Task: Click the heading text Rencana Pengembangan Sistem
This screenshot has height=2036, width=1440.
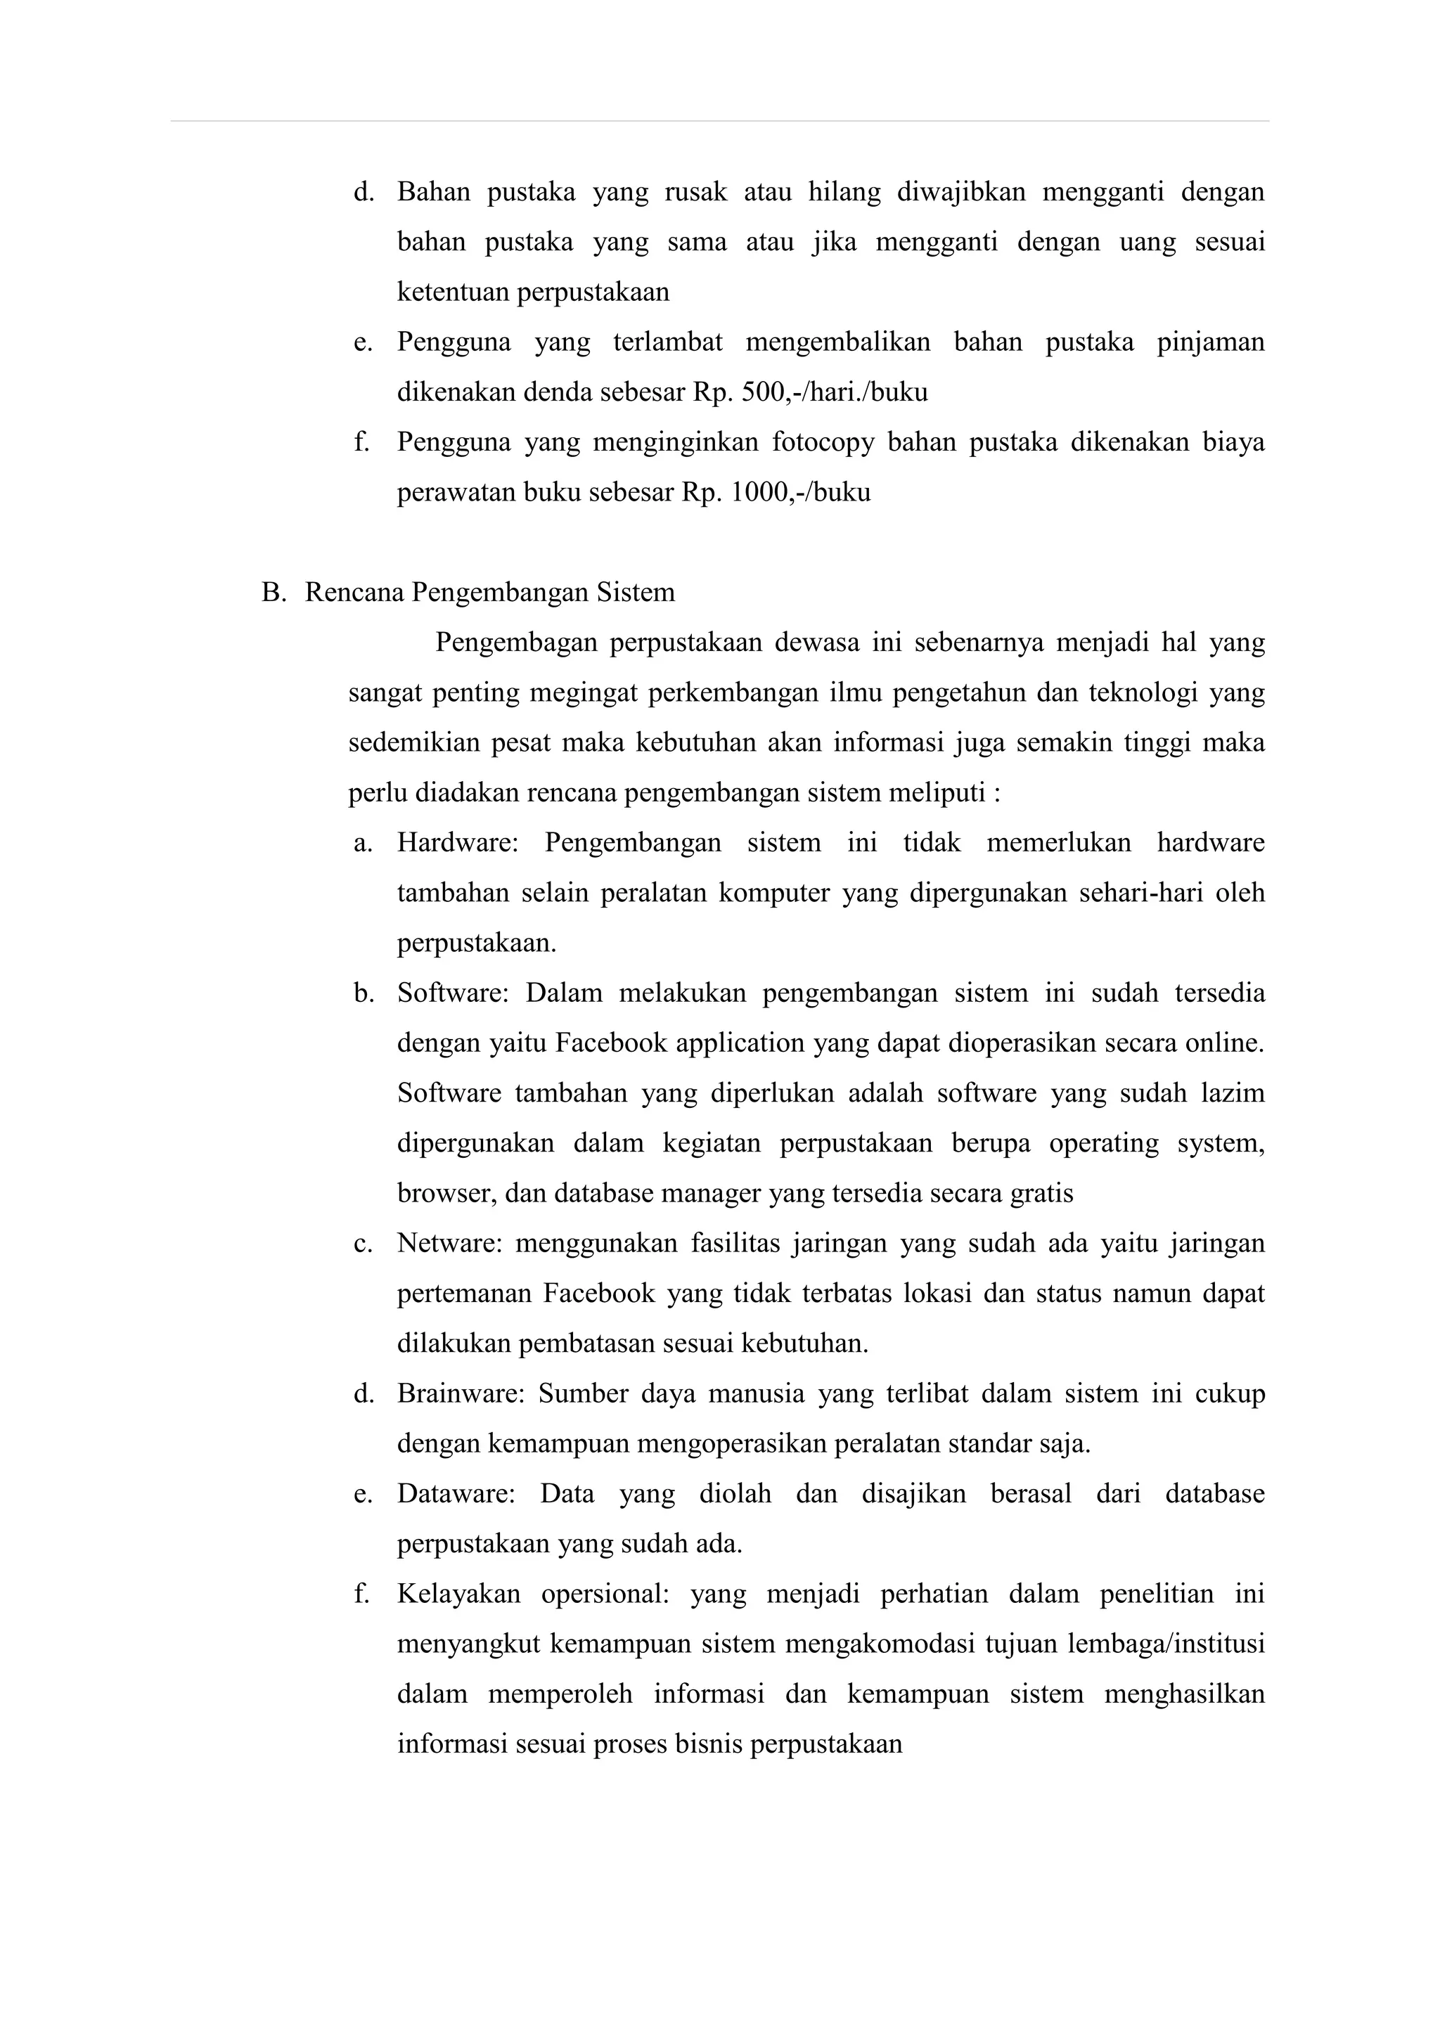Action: tap(489, 593)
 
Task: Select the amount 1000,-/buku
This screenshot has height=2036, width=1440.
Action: tap(801, 492)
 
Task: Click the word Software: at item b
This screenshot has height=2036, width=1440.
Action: tap(452, 993)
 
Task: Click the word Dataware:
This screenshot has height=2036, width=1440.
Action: tap(456, 1494)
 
